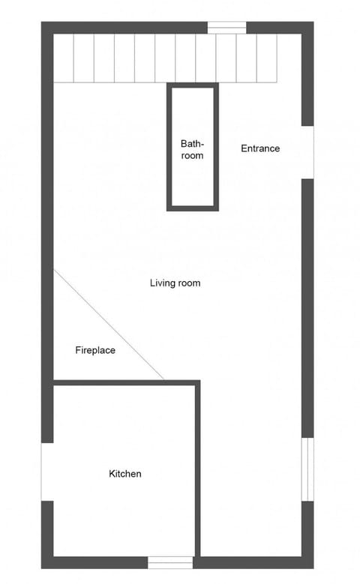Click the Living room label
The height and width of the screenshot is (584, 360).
pos(175,283)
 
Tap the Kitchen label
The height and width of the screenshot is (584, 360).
pos(124,474)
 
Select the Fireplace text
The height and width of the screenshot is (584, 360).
pos(95,350)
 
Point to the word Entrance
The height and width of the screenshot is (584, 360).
pos(260,148)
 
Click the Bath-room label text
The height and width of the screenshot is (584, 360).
pos(192,149)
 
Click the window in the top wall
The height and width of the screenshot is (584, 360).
pos(226,28)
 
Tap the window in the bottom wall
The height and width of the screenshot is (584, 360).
pos(170,562)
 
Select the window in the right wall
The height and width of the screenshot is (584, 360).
pos(307,469)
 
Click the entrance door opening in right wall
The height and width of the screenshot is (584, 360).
pos(307,152)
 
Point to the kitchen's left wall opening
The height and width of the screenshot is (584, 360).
pos(47,472)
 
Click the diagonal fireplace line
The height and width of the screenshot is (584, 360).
pos(109,324)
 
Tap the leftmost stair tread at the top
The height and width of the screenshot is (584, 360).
pos(64,58)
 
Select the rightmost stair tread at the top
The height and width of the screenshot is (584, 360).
pos(267,58)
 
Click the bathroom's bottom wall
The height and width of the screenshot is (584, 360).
pos(192,208)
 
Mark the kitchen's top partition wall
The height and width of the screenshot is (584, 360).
pos(127,382)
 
